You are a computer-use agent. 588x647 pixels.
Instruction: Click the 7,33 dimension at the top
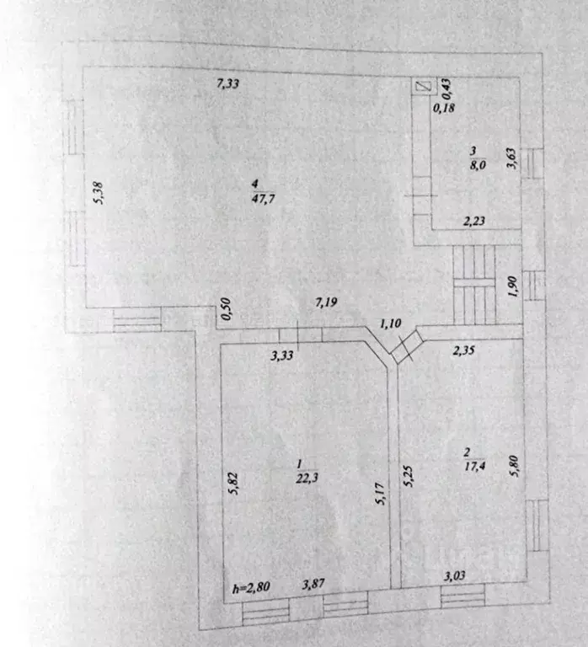(x=227, y=83)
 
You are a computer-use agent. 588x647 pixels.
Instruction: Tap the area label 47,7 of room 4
(x=264, y=199)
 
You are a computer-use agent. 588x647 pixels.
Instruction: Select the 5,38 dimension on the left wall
(x=99, y=193)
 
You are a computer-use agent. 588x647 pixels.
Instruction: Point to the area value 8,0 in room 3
(x=478, y=164)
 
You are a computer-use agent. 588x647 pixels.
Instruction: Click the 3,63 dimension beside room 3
(x=511, y=158)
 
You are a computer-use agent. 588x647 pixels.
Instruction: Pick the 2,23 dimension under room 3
(x=474, y=222)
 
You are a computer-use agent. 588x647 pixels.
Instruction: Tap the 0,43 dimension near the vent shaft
(x=446, y=88)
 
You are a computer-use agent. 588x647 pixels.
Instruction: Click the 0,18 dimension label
(x=444, y=108)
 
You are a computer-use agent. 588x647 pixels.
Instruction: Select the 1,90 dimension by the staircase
(x=511, y=286)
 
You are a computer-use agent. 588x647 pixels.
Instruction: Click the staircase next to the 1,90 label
(x=474, y=285)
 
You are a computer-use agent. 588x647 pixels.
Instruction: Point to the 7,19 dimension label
(x=326, y=302)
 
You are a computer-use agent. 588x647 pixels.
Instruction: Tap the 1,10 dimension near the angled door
(x=390, y=323)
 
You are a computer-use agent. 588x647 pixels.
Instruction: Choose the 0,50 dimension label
(x=226, y=308)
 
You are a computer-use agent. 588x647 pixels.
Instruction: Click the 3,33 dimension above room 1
(x=282, y=356)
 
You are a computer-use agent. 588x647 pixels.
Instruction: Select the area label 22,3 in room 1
(x=307, y=478)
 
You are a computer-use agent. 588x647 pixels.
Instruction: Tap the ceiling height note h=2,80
(x=251, y=587)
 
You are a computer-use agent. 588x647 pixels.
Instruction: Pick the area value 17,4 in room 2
(x=474, y=466)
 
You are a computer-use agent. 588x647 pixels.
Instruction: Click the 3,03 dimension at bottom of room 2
(x=454, y=575)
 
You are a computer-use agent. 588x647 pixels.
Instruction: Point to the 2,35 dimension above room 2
(x=464, y=350)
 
